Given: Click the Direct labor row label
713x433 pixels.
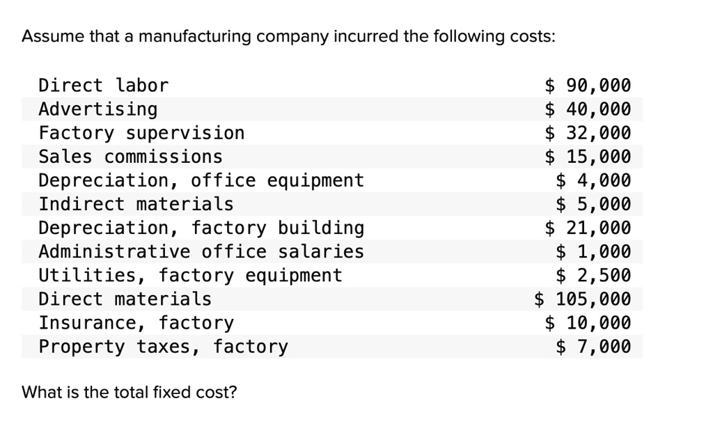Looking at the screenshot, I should point(103,86).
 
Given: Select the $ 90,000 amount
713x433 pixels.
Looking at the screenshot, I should point(588,86).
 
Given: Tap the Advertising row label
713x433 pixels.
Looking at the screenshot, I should point(98,109).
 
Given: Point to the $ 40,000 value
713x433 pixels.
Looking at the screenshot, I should point(588,109).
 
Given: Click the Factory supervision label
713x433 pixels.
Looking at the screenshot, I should point(141,133).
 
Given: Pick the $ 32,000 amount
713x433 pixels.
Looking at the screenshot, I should point(588,133).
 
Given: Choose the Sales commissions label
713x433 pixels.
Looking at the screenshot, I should point(130,157).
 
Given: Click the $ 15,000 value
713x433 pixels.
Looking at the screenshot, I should point(588,157).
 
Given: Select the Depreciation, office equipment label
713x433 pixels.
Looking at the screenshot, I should point(201,180).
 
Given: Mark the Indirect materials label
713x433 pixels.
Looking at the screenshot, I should point(136,204).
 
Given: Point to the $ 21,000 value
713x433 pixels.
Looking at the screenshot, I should point(588,228).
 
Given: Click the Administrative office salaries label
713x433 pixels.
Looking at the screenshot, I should point(201,251).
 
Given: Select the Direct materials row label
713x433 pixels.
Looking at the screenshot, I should point(125,299).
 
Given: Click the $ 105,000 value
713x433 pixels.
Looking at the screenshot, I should point(583,299).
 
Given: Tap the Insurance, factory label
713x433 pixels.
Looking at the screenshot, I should point(136,323).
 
